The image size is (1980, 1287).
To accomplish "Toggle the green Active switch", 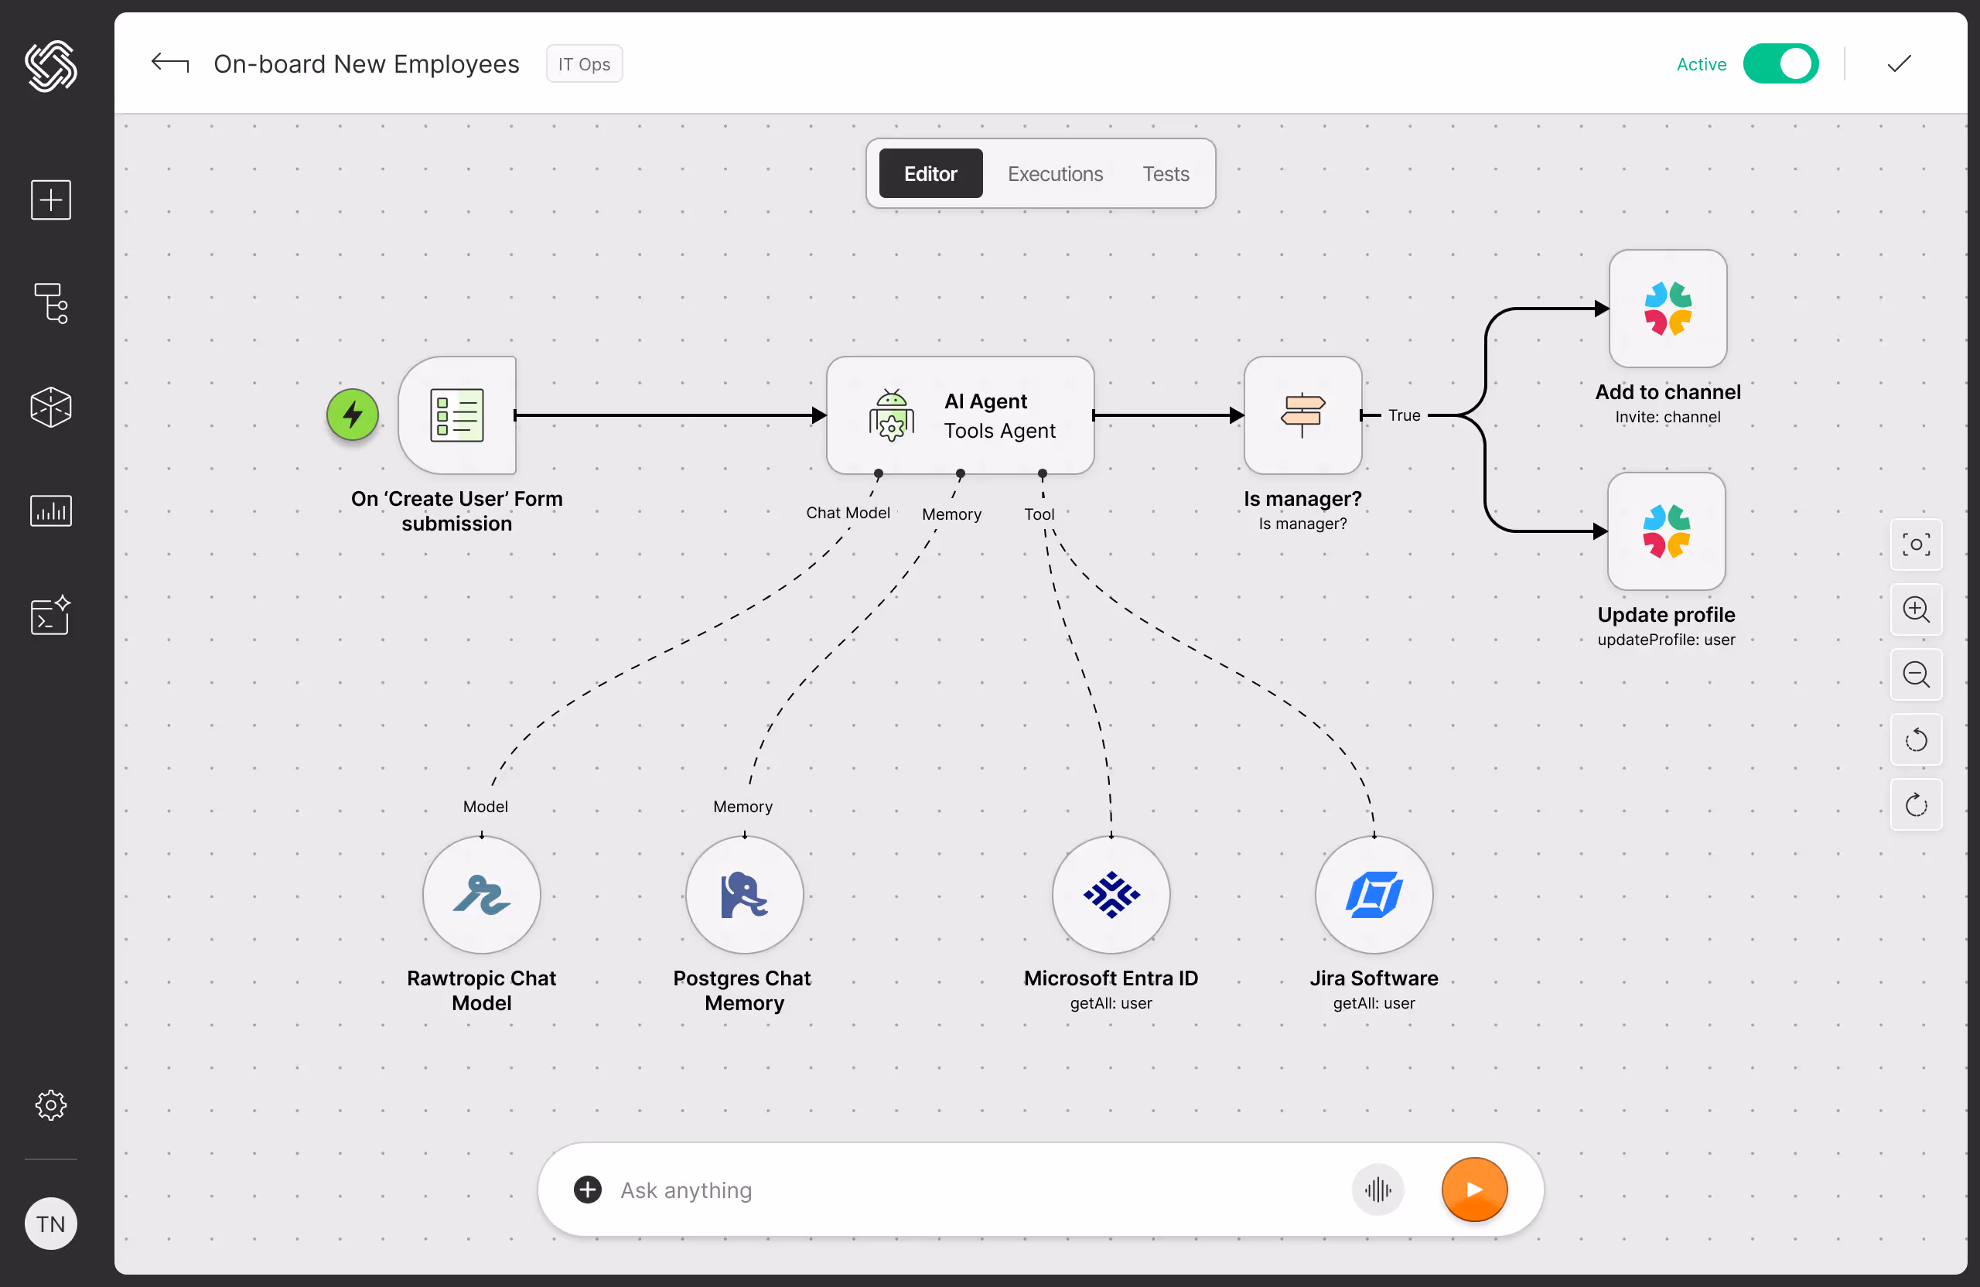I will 1780,64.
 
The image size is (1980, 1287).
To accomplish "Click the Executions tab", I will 1055,174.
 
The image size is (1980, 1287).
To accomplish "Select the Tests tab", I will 1165,174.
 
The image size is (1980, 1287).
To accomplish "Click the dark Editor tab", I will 930,174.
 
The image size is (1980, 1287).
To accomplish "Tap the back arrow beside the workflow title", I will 169,63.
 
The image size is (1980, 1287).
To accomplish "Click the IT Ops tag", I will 584,64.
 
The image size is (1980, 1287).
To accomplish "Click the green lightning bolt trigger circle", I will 353,415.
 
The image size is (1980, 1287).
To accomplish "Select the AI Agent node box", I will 959,415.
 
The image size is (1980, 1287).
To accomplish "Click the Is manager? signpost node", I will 1302,415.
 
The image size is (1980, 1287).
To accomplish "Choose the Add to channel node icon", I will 1668,309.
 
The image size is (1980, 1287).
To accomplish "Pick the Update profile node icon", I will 1665,531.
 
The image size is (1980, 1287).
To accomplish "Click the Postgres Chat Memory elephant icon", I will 744,895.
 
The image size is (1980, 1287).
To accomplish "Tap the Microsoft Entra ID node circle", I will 1111,895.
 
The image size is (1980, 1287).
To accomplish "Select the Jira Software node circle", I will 1374,895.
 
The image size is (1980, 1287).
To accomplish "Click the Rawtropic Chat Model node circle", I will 482,895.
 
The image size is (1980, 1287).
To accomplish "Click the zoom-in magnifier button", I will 1916,609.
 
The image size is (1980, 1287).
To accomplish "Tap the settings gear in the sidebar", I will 51,1104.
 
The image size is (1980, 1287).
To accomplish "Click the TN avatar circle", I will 51,1224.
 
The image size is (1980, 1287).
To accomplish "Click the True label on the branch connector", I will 1404,415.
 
